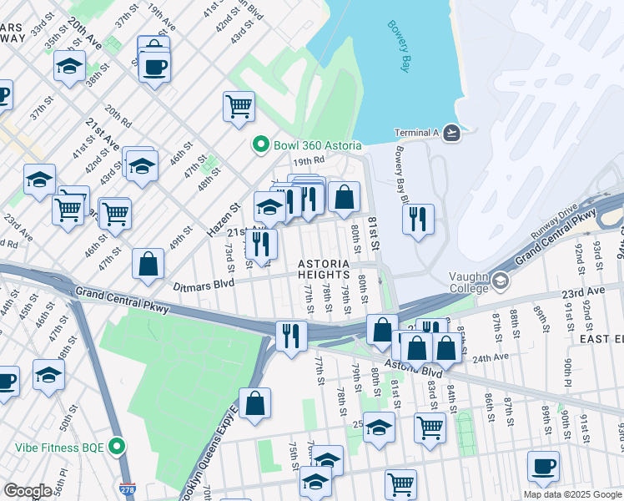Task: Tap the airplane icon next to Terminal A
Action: (x=451, y=132)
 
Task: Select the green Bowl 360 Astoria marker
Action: (x=261, y=145)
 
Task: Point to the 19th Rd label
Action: (x=307, y=160)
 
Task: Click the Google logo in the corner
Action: (x=28, y=490)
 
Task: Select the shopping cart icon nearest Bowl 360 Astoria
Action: (x=239, y=106)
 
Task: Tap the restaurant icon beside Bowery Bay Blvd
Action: (x=418, y=219)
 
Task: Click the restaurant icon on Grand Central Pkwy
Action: (x=291, y=335)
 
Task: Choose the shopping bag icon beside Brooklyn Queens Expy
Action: (x=255, y=402)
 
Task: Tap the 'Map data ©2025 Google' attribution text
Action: (x=571, y=494)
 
